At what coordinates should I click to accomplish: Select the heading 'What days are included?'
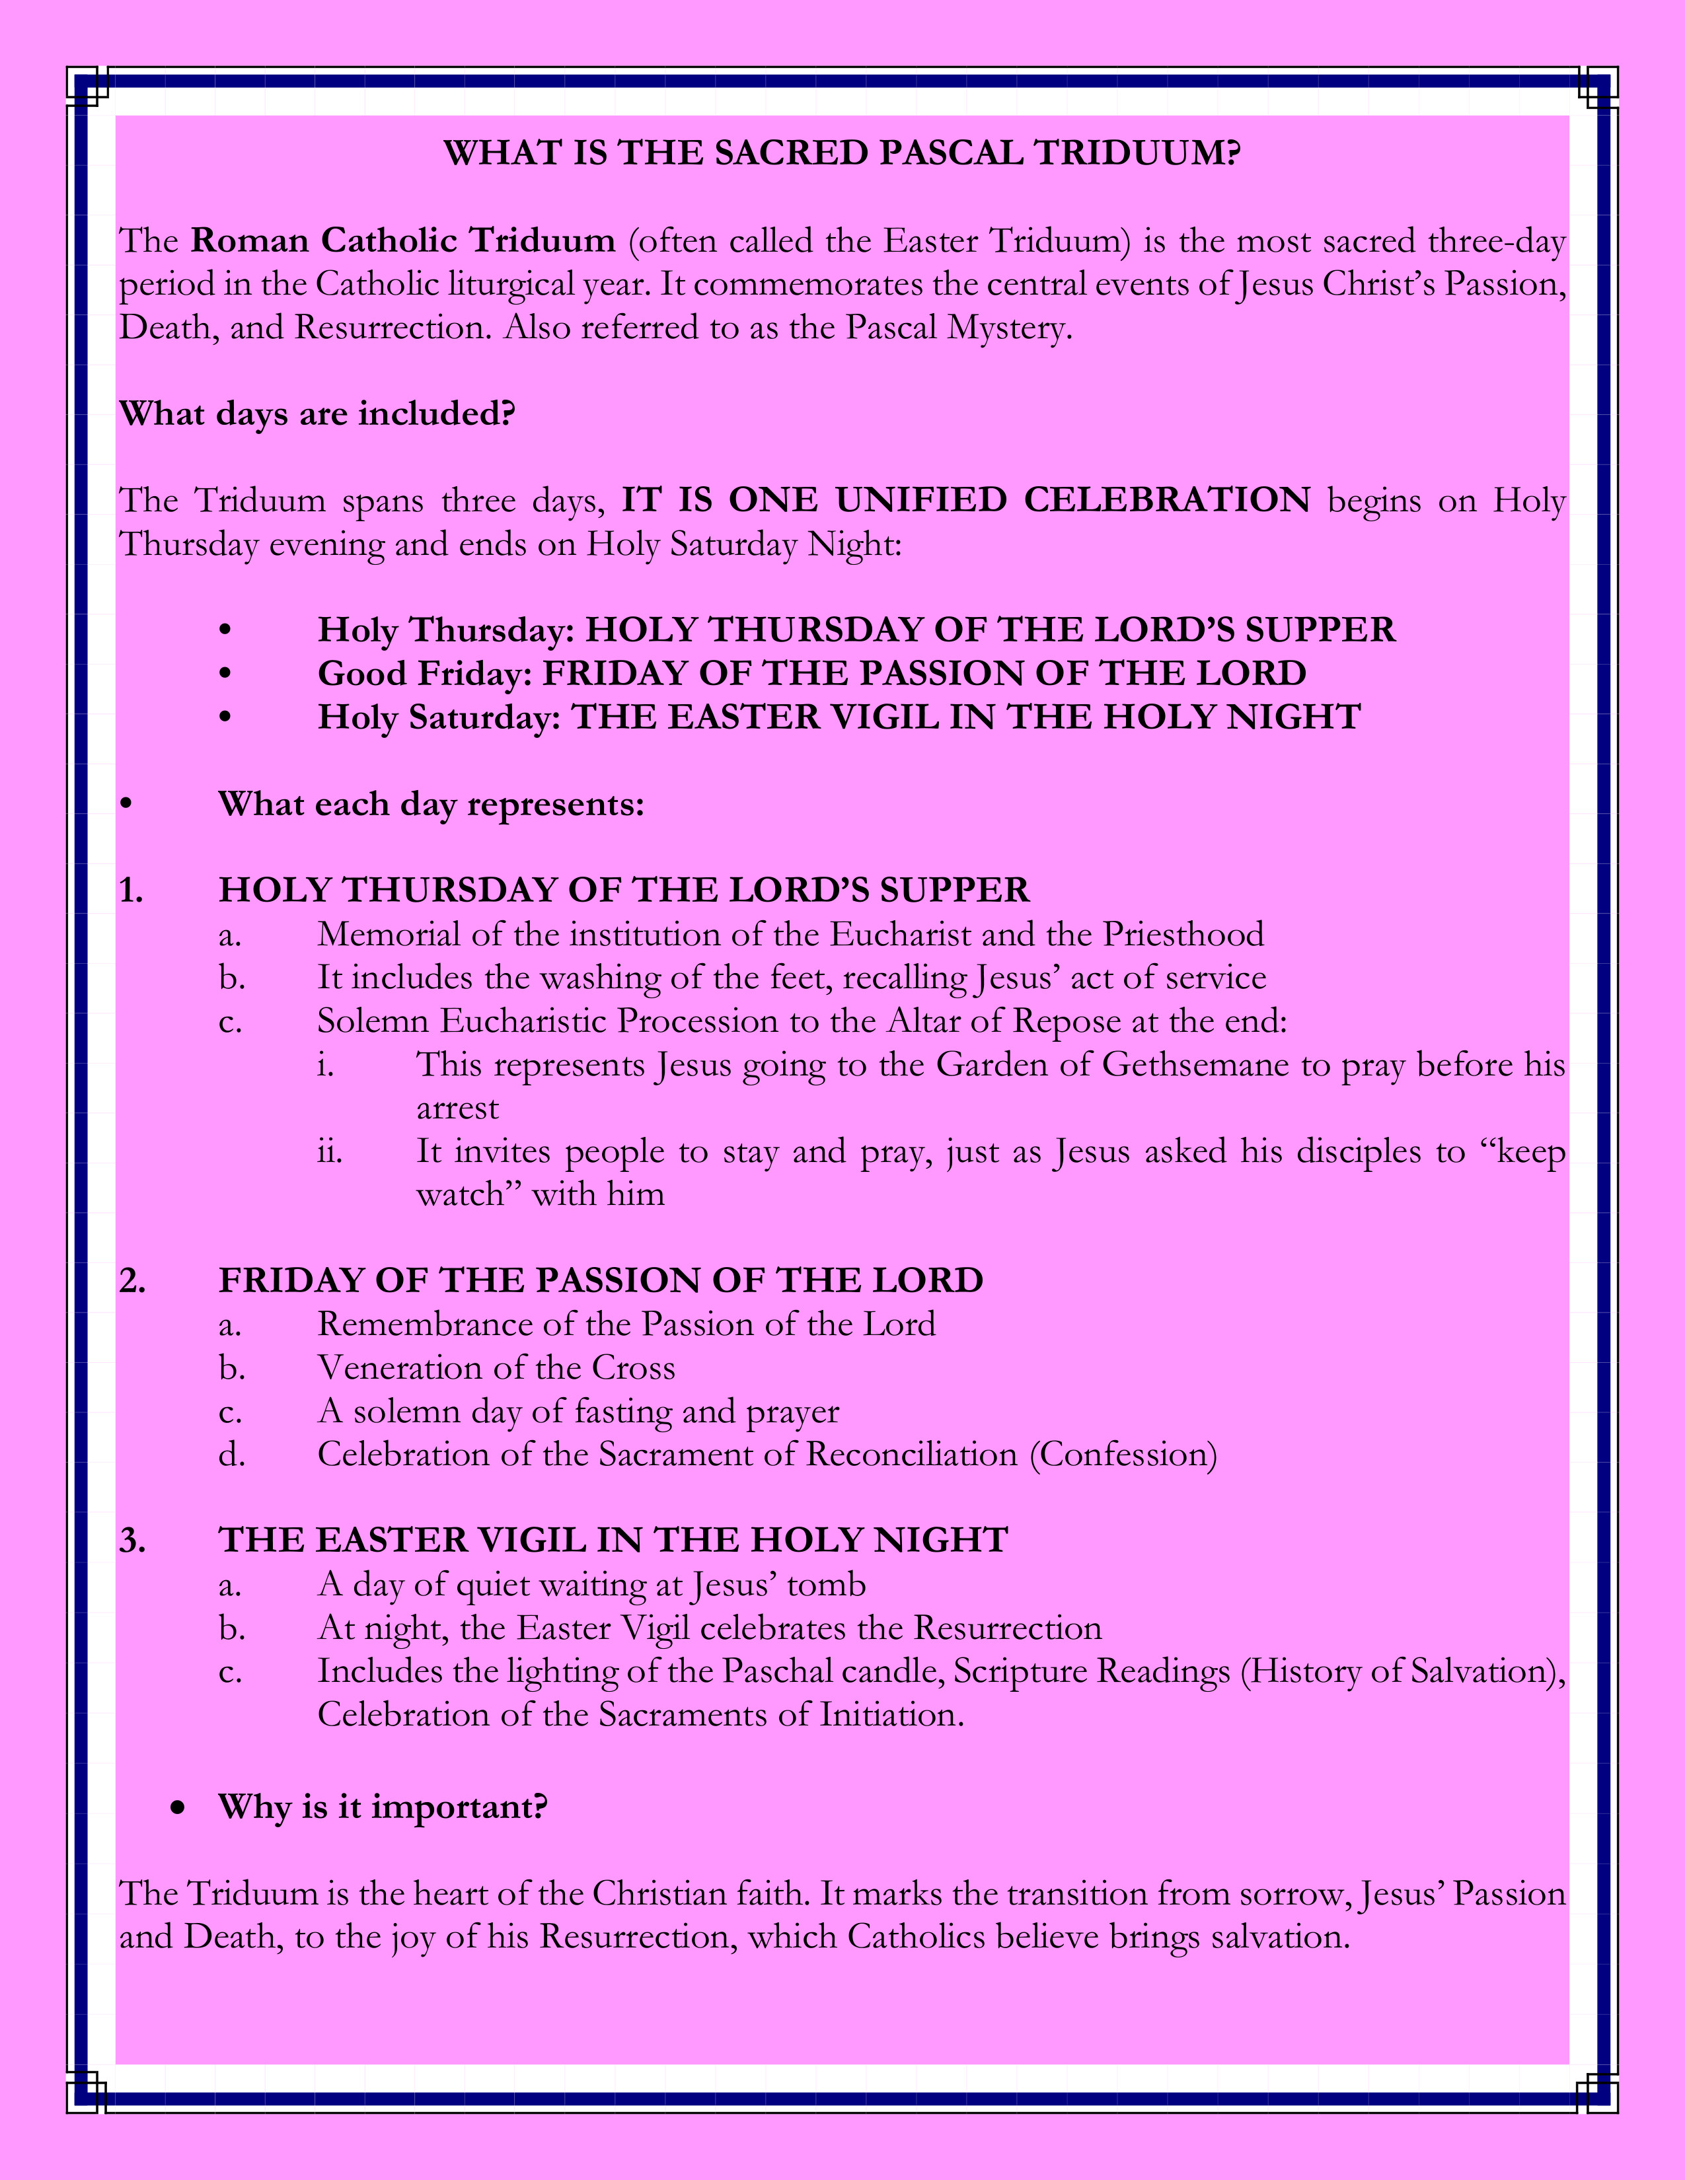coord(317,414)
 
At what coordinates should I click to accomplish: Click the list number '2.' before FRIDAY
coord(131,1282)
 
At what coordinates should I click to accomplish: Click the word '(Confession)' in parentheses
coord(1123,1455)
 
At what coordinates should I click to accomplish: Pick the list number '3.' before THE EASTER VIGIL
coord(131,1541)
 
